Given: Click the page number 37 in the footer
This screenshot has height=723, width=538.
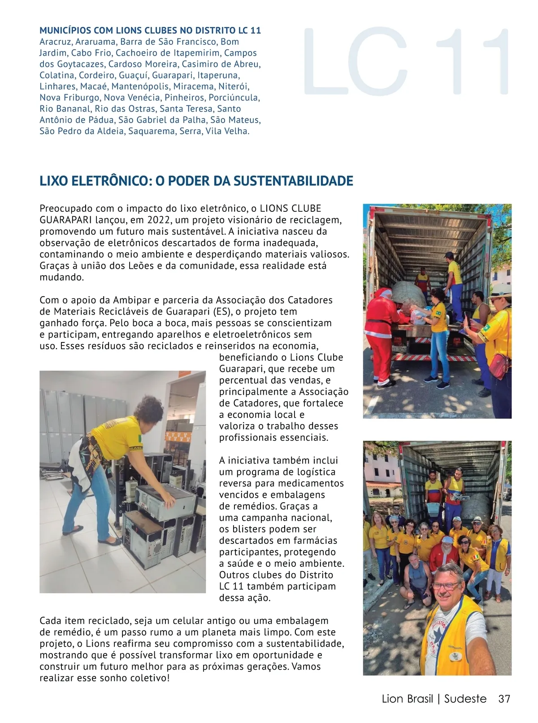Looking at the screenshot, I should pos(504,699).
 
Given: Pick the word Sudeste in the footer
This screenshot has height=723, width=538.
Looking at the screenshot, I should pos(465,699).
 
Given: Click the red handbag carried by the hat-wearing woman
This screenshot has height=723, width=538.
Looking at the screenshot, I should pos(500,366).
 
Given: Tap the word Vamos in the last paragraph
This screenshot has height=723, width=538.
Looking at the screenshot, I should pos(306,666).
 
